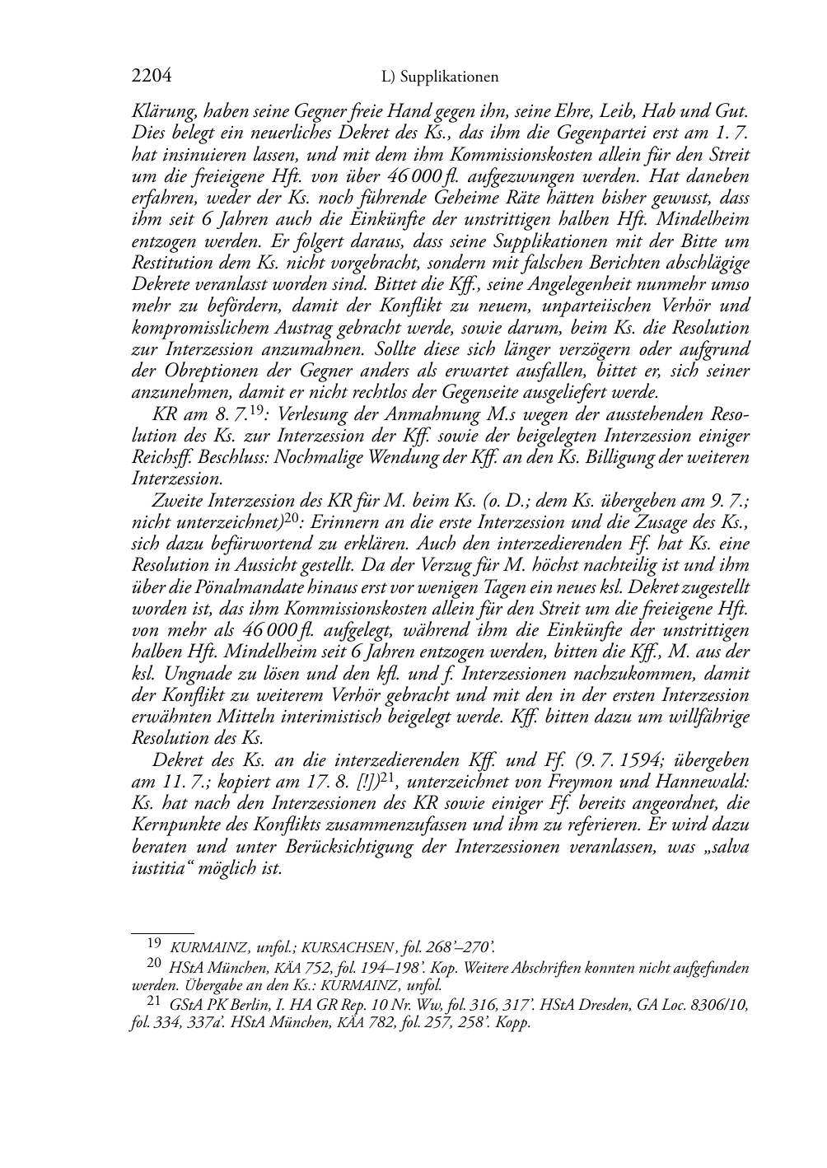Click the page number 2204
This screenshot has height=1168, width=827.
pos(151,77)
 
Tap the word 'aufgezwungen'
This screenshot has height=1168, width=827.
pos(507,176)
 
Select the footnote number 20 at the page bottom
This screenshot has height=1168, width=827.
pos(153,963)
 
